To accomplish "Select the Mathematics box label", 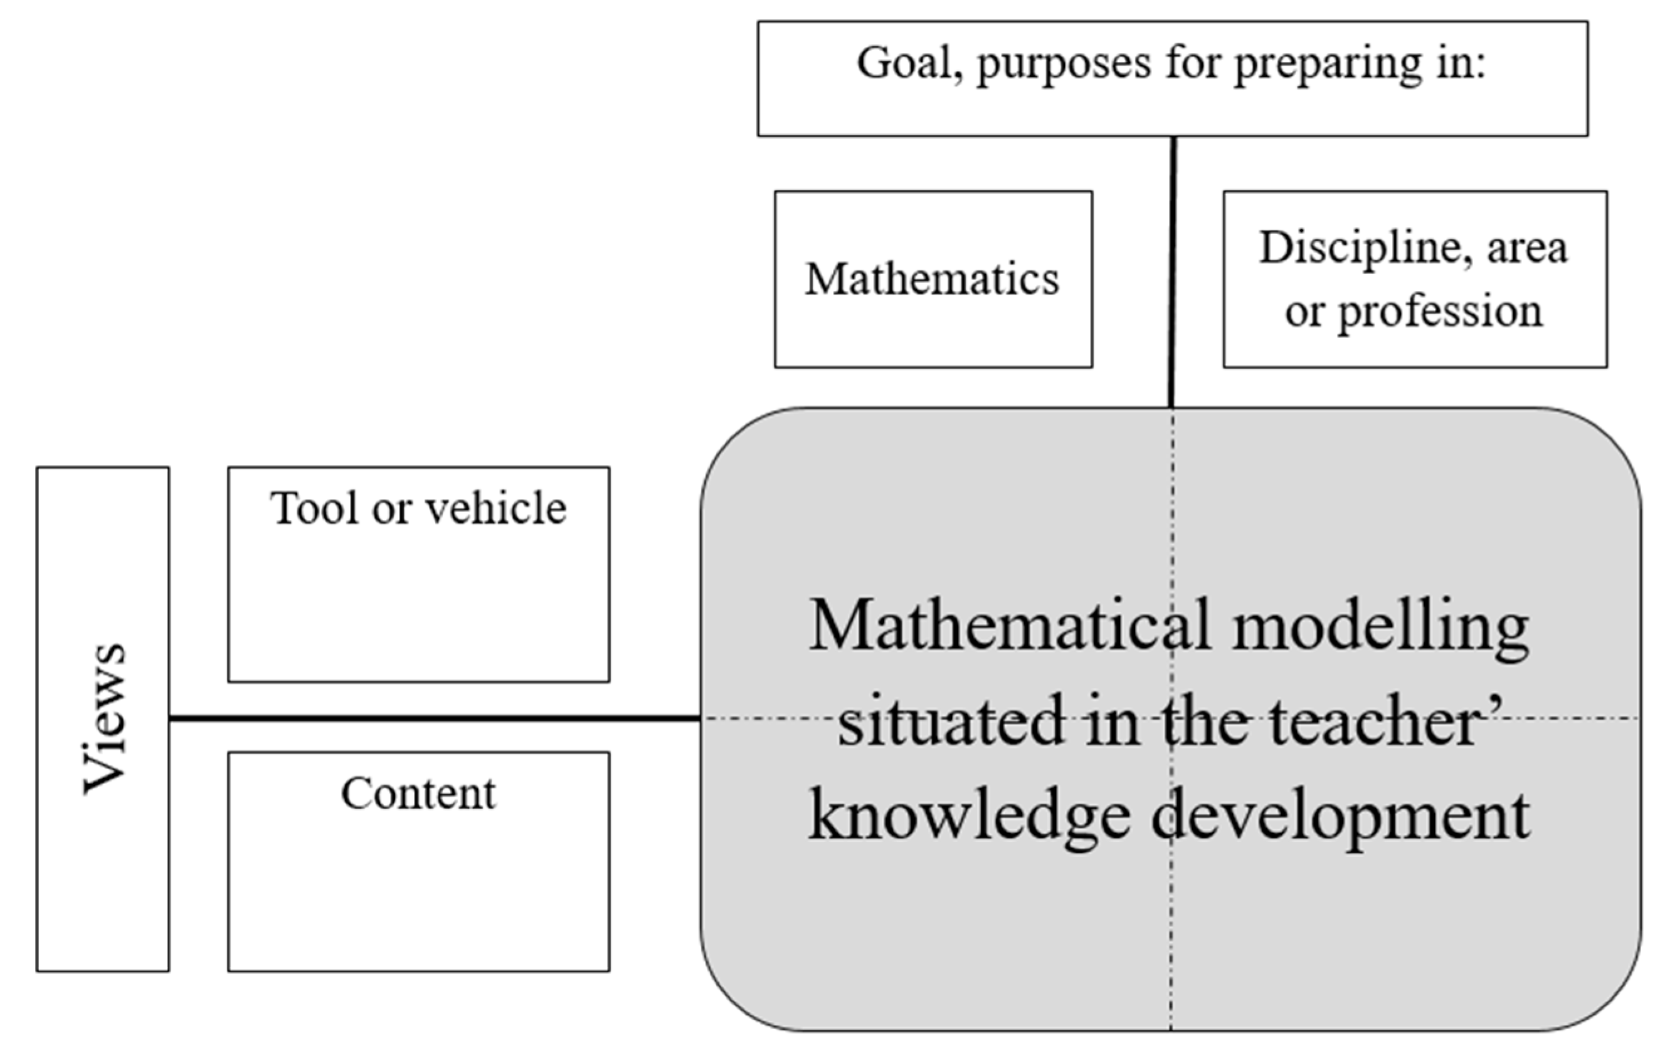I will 932,279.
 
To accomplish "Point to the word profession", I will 1440,312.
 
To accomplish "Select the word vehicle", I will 496,508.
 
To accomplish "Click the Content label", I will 418,794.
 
